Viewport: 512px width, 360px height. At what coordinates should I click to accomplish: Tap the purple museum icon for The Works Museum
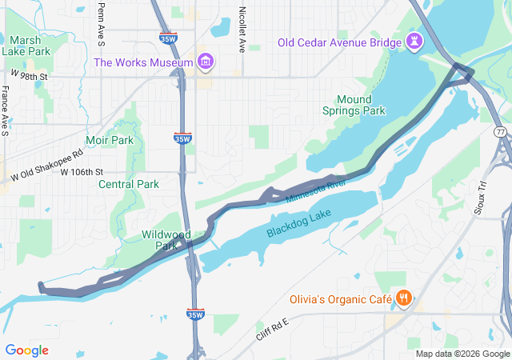pyautogui.click(x=206, y=62)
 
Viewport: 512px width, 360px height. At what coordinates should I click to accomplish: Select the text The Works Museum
pyautogui.click(x=143, y=62)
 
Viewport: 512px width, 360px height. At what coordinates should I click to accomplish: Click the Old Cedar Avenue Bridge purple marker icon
pyautogui.click(x=414, y=42)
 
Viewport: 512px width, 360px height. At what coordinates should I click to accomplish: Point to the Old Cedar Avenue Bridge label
pyautogui.click(x=341, y=42)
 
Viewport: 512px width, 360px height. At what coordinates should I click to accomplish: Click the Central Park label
pyautogui.click(x=128, y=184)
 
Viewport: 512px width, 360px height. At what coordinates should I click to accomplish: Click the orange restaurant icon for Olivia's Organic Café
pyautogui.click(x=404, y=300)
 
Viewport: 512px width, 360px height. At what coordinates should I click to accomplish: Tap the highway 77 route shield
pyautogui.click(x=500, y=130)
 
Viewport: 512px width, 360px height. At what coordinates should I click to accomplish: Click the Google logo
pyautogui.click(x=26, y=350)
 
